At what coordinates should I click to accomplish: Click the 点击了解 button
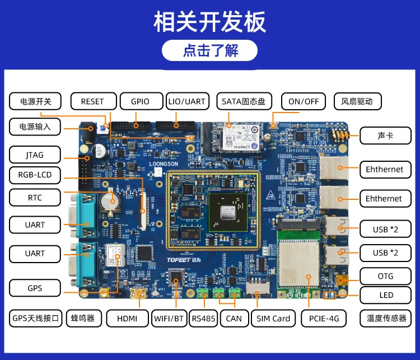[x=209, y=51]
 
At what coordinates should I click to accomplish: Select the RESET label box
[x=92, y=101]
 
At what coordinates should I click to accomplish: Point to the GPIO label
[x=140, y=101]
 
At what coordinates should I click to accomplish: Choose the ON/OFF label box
[x=304, y=101]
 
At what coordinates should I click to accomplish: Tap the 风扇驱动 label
[x=357, y=101]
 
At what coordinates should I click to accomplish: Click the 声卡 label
[x=385, y=135]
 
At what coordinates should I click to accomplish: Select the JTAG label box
[x=35, y=155]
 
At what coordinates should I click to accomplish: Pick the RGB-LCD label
[x=35, y=175]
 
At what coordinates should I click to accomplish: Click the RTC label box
[x=35, y=198]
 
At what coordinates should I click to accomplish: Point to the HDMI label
[x=127, y=319]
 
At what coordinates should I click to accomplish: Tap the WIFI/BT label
[x=169, y=319]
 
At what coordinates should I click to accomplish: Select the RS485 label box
[x=203, y=319]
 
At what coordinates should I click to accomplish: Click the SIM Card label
[x=273, y=319]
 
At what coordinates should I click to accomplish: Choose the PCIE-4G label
[x=323, y=319]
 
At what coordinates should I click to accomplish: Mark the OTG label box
[x=385, y=276]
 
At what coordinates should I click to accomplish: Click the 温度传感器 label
[x=386, y=319]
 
